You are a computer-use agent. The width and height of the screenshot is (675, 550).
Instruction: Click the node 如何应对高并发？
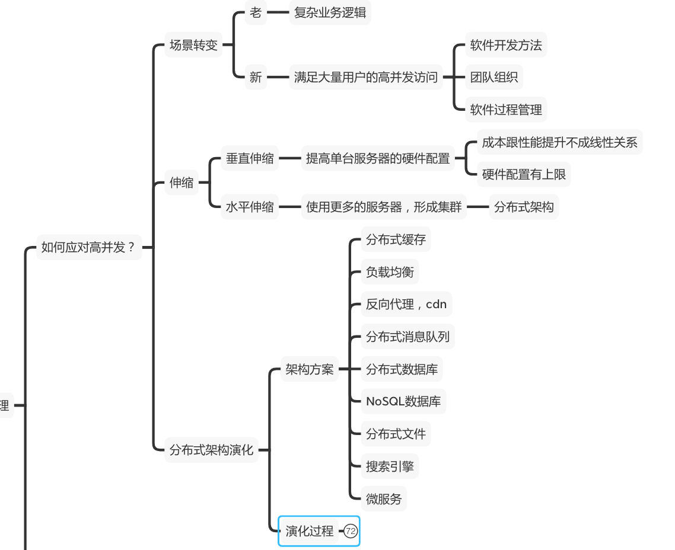(x=89, y=247)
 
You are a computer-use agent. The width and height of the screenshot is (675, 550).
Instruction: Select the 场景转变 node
(x=193, y=45)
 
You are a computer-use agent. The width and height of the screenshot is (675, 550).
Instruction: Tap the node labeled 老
(x=255, y=12)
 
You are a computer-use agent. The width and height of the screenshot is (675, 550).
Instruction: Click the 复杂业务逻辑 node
(x=330, y=12)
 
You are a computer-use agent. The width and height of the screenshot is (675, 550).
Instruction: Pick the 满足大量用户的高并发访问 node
(x=365, y=77)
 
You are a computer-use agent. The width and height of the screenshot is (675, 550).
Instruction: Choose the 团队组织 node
(x=493, y=77)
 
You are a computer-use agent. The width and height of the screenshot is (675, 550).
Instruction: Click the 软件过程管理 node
(x=505, y=110)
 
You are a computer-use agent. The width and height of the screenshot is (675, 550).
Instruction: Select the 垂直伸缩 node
(x=250, y=158)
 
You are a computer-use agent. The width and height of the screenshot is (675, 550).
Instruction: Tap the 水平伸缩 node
(x=250, y=207)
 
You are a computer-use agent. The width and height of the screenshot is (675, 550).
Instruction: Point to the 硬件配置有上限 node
(x=523, y=174)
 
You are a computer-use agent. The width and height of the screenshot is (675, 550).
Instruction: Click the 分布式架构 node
(x=523, y=207)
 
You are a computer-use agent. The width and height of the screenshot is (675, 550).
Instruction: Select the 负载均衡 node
(x=390, y=272)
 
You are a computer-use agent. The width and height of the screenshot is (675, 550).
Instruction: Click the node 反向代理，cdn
(x=406, y=304)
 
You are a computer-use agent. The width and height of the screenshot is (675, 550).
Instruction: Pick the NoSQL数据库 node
(x=403, y=401)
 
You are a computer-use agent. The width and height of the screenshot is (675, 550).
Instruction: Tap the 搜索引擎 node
(x=390, y=466)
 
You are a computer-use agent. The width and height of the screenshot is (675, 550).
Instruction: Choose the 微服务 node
(x=384, y=499)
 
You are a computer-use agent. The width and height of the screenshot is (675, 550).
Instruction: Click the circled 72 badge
(x=351, y=531)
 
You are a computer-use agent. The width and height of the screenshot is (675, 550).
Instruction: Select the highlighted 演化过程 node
(x=310, y=531)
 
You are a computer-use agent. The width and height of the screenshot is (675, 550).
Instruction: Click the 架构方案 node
(x=309, y=369)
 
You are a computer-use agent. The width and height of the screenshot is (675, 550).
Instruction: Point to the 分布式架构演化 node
(x=211, y=450)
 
